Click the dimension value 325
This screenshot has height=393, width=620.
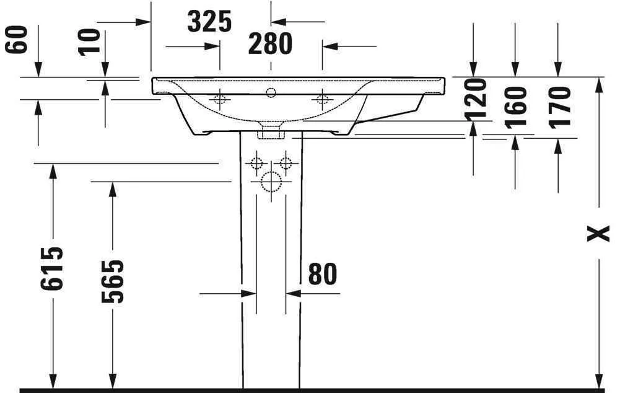point(209,22)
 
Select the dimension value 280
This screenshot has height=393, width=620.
point(270,44)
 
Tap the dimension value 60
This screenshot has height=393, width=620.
point(17,40)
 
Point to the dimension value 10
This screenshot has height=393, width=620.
point(91,42)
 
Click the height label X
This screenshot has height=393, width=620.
point(598,233)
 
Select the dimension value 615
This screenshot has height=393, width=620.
point(53,268)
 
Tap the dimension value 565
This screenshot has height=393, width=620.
point(113,281)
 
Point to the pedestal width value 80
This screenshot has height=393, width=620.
point(322,274)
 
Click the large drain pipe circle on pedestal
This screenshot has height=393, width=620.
point(270,182)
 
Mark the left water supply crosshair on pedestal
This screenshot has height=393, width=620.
point(255,164)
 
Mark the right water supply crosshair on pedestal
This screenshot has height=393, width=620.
point(286,164)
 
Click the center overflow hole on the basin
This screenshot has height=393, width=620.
point(271,94)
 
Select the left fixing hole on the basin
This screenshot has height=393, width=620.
point(219,99)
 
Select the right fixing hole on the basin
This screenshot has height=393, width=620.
point(322,99)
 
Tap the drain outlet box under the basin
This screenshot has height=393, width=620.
point(271,131)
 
